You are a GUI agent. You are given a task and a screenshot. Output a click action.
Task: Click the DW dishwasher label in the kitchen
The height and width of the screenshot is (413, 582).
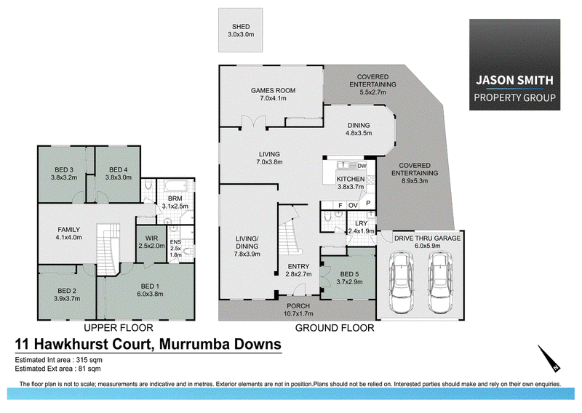tap(362, 166)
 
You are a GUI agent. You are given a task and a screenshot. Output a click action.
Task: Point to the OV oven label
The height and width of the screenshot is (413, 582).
tap(353, 205)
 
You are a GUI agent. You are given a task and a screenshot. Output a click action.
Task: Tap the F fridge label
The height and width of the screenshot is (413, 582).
tap(340, 205)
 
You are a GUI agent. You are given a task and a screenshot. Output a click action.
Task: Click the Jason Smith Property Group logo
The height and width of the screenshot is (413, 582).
tap(514, 65)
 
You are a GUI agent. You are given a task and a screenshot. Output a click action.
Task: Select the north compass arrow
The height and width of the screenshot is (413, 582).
tap(549, 358)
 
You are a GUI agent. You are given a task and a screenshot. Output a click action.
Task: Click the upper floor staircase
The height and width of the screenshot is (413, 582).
tap(108, 249)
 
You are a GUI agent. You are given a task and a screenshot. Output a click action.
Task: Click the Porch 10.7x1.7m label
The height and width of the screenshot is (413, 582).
tap(298, 310)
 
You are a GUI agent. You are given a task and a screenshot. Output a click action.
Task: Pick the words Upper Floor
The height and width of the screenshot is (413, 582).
tap(119, 328)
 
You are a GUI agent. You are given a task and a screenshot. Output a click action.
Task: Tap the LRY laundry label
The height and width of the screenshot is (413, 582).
tap(361, 223)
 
